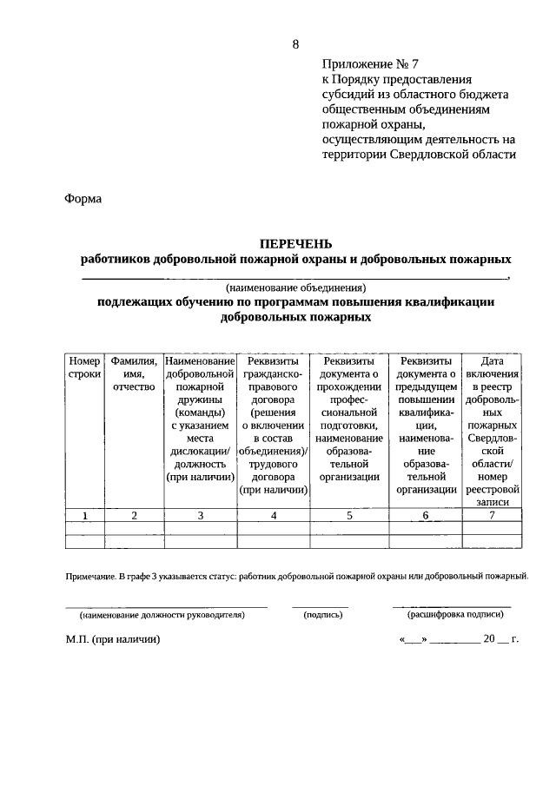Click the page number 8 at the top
point(295,44)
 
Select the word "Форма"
point(83,199)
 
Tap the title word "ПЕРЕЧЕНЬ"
point(296,243)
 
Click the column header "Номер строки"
point(85,367)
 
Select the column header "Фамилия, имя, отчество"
point(134,374)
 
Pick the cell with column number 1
point(85,516)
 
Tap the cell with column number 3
point(200,516)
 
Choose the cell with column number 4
point(274,516)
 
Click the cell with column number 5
point(349,516)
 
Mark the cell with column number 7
point(493,516)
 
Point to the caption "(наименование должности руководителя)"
point(162,614)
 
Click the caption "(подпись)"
point(323,614)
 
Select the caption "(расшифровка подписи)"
point(455,614)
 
